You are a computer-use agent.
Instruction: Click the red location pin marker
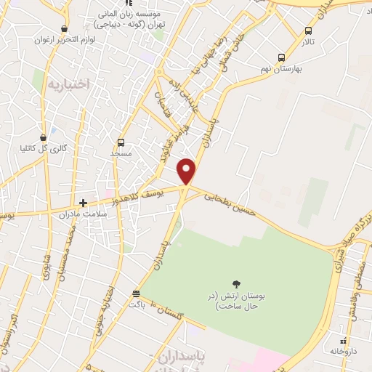coord(187,171)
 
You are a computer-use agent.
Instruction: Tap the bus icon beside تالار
coord(309,31)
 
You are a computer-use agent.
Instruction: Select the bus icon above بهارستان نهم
coord(281,57)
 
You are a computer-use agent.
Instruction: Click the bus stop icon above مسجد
coord(121,142)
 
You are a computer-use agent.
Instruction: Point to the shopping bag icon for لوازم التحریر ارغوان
coord(65,29)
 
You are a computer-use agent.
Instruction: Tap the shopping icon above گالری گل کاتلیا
coord(43,137)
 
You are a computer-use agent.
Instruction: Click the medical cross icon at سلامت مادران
coord(84,203)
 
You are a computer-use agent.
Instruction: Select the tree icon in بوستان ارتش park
coord(235,284)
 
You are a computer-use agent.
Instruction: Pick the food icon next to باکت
coord(136,294)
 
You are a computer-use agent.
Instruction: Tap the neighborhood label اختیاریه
coord(68,85)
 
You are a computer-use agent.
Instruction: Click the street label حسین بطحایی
coord(230,203)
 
